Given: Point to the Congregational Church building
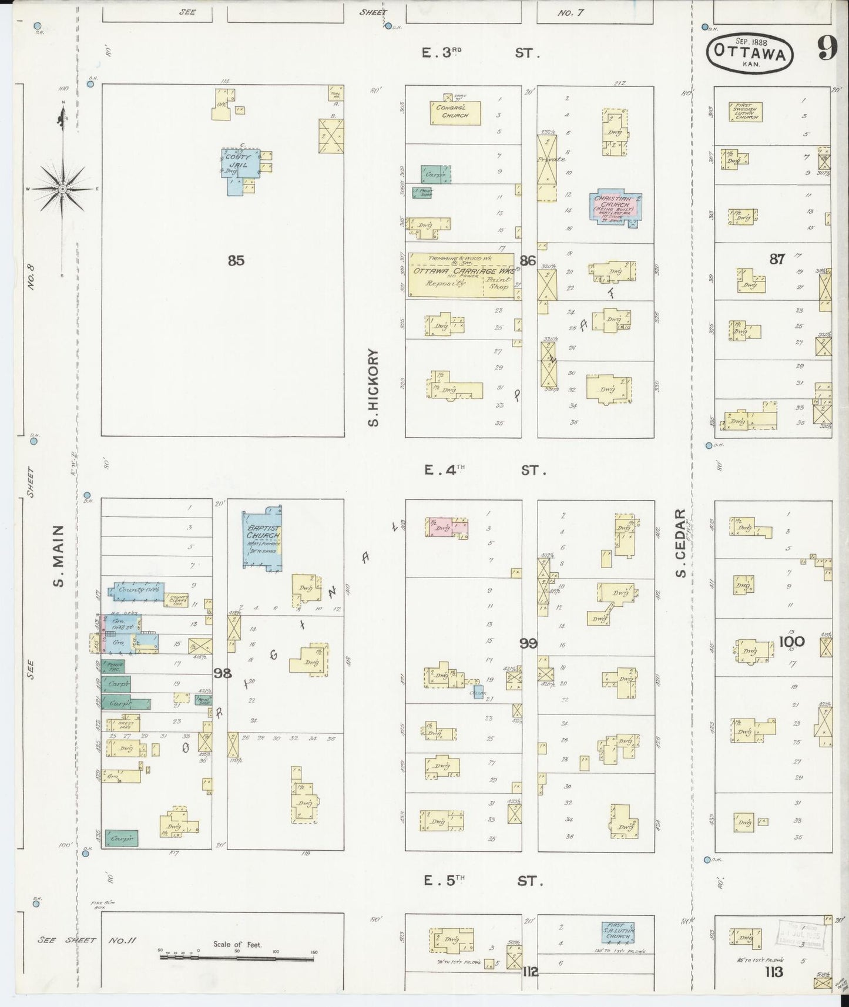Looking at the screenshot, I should coord(455,112).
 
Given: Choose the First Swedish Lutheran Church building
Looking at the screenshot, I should coord(746,112).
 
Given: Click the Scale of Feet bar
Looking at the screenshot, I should coord(237,958).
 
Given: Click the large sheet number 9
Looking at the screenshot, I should coord(827,51).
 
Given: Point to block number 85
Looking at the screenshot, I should coord(236,260).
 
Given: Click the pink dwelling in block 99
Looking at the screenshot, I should coord(447,527).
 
